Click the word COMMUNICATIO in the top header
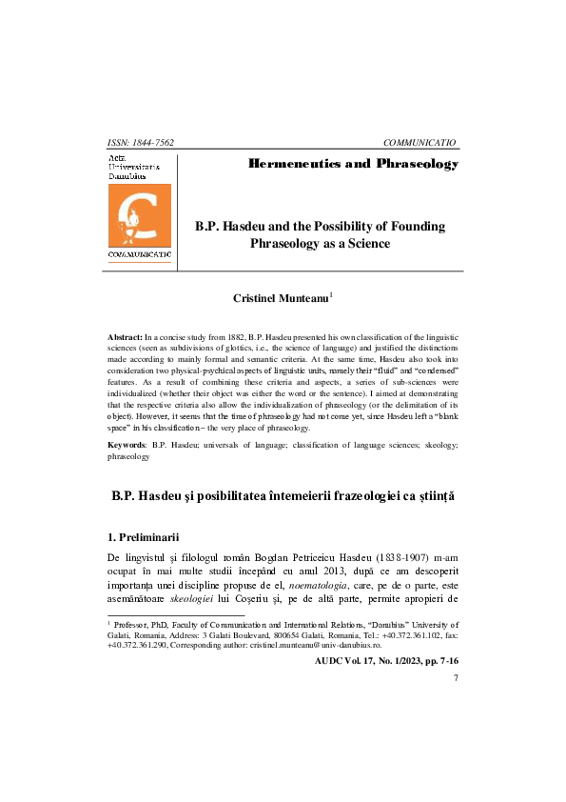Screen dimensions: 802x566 click(420, 143)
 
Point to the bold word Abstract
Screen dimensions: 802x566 click(126, 337)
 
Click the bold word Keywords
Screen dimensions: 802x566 click(127, 445)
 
